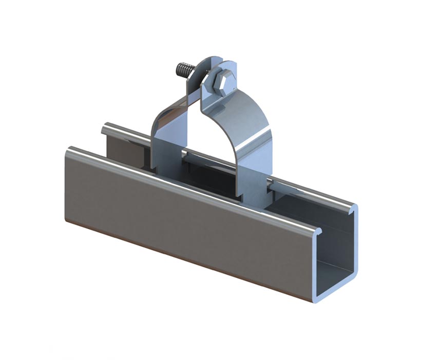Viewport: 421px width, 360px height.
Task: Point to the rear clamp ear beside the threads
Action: click(x=202, y=72)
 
